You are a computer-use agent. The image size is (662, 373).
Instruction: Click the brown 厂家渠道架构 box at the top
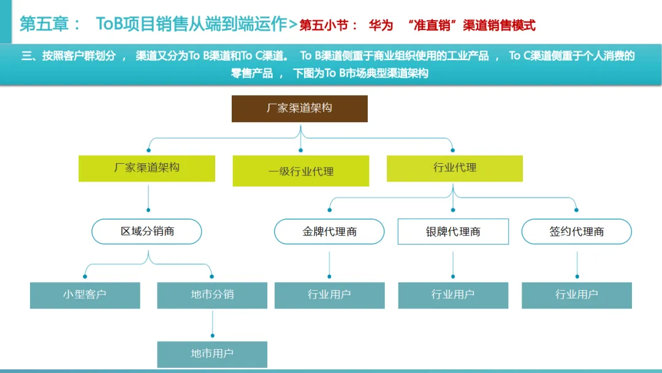[299, 109]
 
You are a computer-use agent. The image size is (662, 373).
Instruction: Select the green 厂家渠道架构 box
[146, 168]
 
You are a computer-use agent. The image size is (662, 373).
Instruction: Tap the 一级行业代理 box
[301, 171]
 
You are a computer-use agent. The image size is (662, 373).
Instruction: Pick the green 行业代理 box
[454, 168]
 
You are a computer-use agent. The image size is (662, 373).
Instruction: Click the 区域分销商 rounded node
[146, 231]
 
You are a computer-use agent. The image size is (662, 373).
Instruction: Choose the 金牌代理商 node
[329, 231]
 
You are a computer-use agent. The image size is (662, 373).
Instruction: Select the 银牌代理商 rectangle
[453, 231]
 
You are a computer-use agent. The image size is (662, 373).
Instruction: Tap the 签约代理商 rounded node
[576, 231]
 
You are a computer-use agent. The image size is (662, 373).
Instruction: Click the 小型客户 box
[85, 295]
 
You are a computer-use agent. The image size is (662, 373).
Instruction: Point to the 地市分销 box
[212, 295]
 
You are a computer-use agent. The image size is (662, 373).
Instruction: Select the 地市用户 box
[212, 354]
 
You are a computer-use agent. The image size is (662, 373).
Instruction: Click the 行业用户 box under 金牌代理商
[329, 295]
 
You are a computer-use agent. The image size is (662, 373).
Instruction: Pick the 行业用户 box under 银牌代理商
[453, 295]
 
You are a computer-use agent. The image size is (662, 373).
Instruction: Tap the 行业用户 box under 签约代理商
[576, 295]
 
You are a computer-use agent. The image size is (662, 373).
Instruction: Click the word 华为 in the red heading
[381, 25]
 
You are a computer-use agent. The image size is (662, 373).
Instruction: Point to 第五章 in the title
[43, 25]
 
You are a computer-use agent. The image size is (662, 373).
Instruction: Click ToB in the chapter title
[110, 25]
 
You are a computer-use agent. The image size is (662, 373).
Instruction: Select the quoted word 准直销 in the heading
[435, 25]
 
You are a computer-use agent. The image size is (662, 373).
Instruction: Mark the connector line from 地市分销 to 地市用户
[212, 323]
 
